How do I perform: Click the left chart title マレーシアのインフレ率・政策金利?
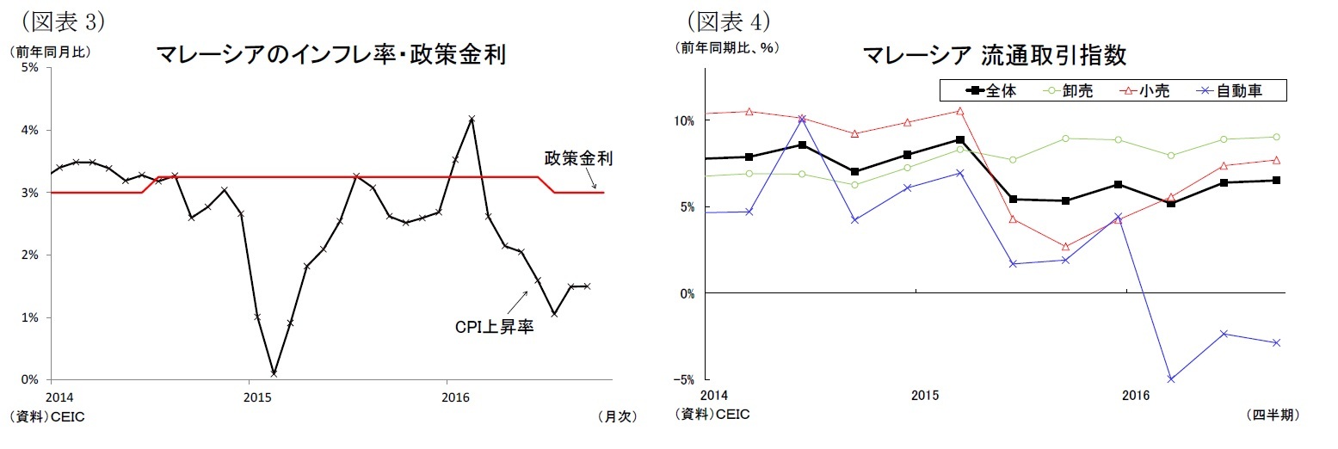pyautogui.click(x=330, y=56)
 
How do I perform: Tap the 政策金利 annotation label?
pyautogui.click(x=577, y=159)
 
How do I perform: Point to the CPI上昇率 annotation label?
pyautogui.click(x=494, y=328)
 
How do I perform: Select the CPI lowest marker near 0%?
pyautogui.click(x=274, y=373)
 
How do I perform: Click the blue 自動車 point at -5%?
pyautogui.click(x=1171, y=379)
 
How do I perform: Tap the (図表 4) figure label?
pyautogui.click(x=727, y=19)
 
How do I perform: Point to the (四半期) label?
pyautogui.click(x=1272, y=415)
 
